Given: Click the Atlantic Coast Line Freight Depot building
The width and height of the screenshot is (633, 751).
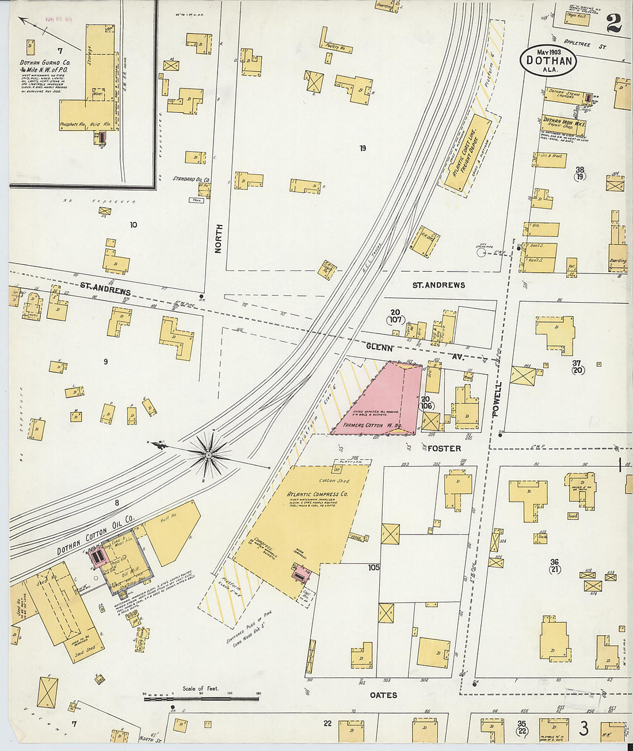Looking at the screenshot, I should click(467, 152).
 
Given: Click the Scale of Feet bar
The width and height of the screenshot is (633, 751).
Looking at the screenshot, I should click(201, 699).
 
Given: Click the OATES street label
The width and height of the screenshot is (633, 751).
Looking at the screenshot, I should click(383, 695).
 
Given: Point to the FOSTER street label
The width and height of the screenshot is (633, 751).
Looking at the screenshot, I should click(444, 448).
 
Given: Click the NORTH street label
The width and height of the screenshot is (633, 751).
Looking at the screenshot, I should click(218, 239).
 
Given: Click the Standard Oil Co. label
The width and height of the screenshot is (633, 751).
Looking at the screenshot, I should click(192, 179).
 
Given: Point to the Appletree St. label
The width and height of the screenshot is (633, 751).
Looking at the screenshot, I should click(586, 44).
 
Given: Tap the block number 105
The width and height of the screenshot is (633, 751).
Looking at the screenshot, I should click(374, 567).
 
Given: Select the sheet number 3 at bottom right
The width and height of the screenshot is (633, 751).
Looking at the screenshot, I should click(584, 729).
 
